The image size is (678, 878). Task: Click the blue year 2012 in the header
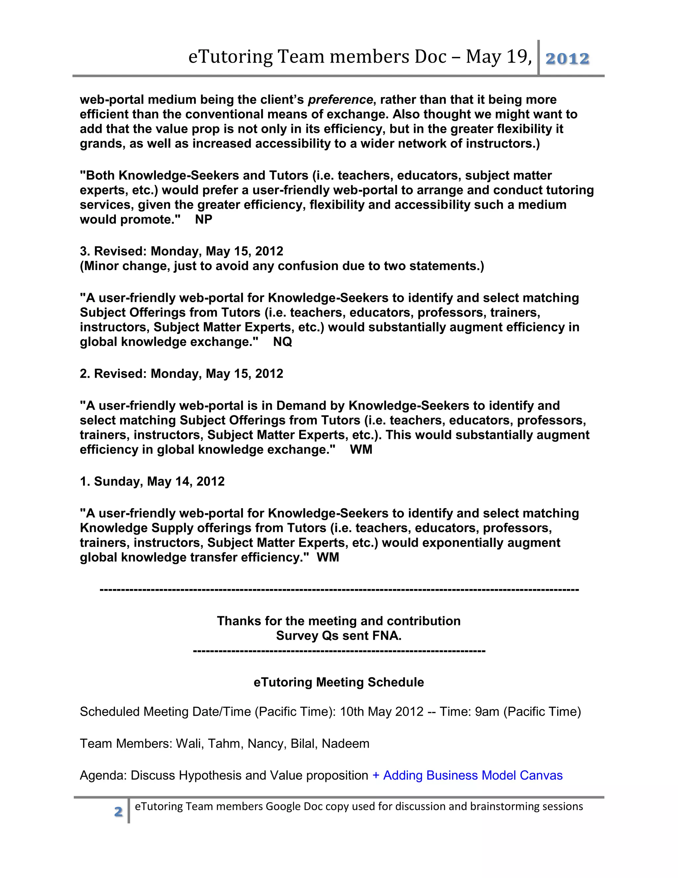point(567,59)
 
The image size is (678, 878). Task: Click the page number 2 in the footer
point(118,811)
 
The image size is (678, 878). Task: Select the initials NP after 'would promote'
point(204,219)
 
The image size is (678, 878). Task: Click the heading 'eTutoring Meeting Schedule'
point(339,682)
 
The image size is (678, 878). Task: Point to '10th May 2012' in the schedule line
point(382,712)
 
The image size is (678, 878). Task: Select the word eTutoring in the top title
point(230,57)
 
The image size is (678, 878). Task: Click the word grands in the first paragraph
point(101,143)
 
